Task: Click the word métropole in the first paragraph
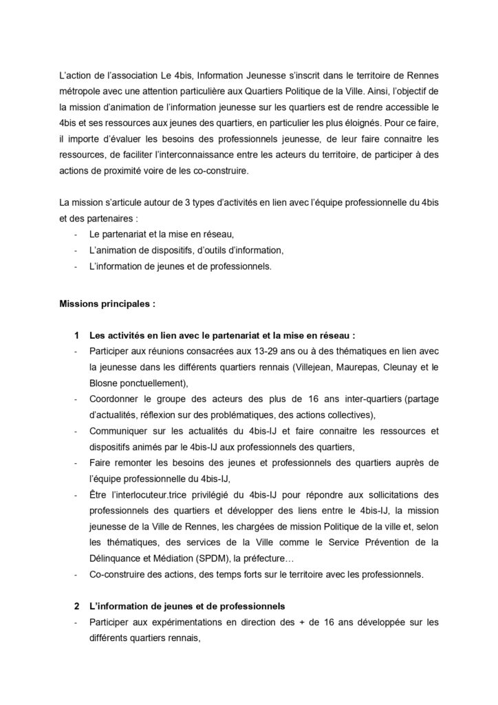[x=80, y=90]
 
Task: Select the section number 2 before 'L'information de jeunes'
[x=76, y=605]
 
